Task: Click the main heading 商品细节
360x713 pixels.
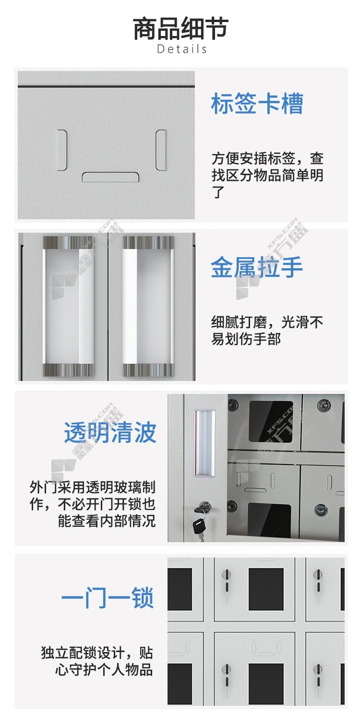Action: (x=180, y=29)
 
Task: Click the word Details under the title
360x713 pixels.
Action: (x=182, y=49)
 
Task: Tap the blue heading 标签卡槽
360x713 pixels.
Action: (x=257, y=104)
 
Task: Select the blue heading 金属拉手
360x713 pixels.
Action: (x=257, y=267)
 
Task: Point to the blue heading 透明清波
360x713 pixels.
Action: (x=110, y=432)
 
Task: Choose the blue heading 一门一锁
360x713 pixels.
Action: (x=108, y=597)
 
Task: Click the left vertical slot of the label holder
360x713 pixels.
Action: (x=62, y=150)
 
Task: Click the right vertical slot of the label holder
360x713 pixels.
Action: (x=161, y=150)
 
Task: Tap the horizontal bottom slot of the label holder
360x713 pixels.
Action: (x=110, y=177)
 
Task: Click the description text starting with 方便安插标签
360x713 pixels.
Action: (x=267, y=175)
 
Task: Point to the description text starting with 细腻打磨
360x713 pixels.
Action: (x=267, y=331)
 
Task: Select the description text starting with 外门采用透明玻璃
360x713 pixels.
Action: (x=93, y=504)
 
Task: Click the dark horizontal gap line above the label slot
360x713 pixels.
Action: (x=106, y=86)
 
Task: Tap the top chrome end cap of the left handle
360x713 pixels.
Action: (x=69, y=243)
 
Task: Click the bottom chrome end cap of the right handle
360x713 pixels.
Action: (x=148, y=370)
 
